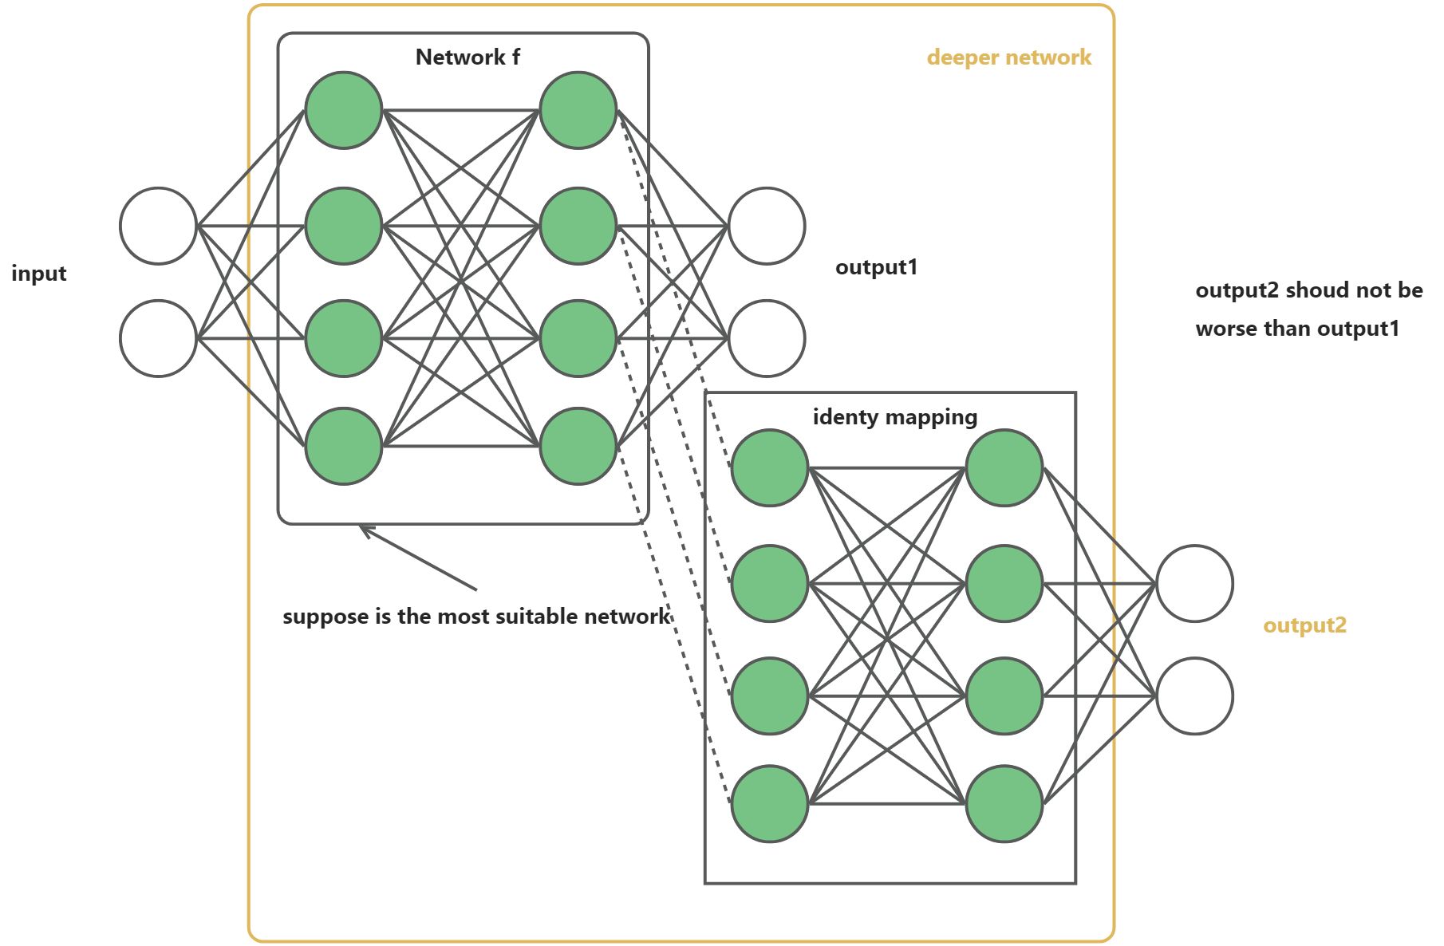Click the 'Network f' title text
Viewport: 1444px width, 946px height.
[468, 57]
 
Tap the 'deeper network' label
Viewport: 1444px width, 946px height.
[1008, 57]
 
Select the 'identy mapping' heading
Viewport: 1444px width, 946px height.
[894, 417]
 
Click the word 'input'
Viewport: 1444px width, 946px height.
[39, 274]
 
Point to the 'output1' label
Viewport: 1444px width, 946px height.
[876, 267]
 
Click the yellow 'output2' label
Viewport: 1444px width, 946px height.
[1304, 625]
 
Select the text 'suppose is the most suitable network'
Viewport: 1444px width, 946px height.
[476, 617]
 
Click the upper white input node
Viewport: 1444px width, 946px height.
[158, 226]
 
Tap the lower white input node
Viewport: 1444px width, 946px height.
[158, 338]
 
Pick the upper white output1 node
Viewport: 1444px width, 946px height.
[767, 226]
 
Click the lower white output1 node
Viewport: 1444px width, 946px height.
[767, 338]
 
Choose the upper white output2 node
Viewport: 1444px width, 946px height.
[1194, 583]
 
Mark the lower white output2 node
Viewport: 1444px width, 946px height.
[1194, 696]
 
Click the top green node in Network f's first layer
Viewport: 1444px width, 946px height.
[344, 110]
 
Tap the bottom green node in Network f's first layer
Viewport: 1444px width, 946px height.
[344, 446]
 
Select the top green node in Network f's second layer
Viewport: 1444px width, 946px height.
[578, 110]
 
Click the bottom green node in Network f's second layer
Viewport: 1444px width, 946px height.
[578, 446]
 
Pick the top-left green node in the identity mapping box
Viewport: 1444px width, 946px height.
[770, 467]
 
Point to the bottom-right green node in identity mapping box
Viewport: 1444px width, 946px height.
[1004, 803]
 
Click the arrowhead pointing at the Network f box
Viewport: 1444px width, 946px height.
[363, 529]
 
